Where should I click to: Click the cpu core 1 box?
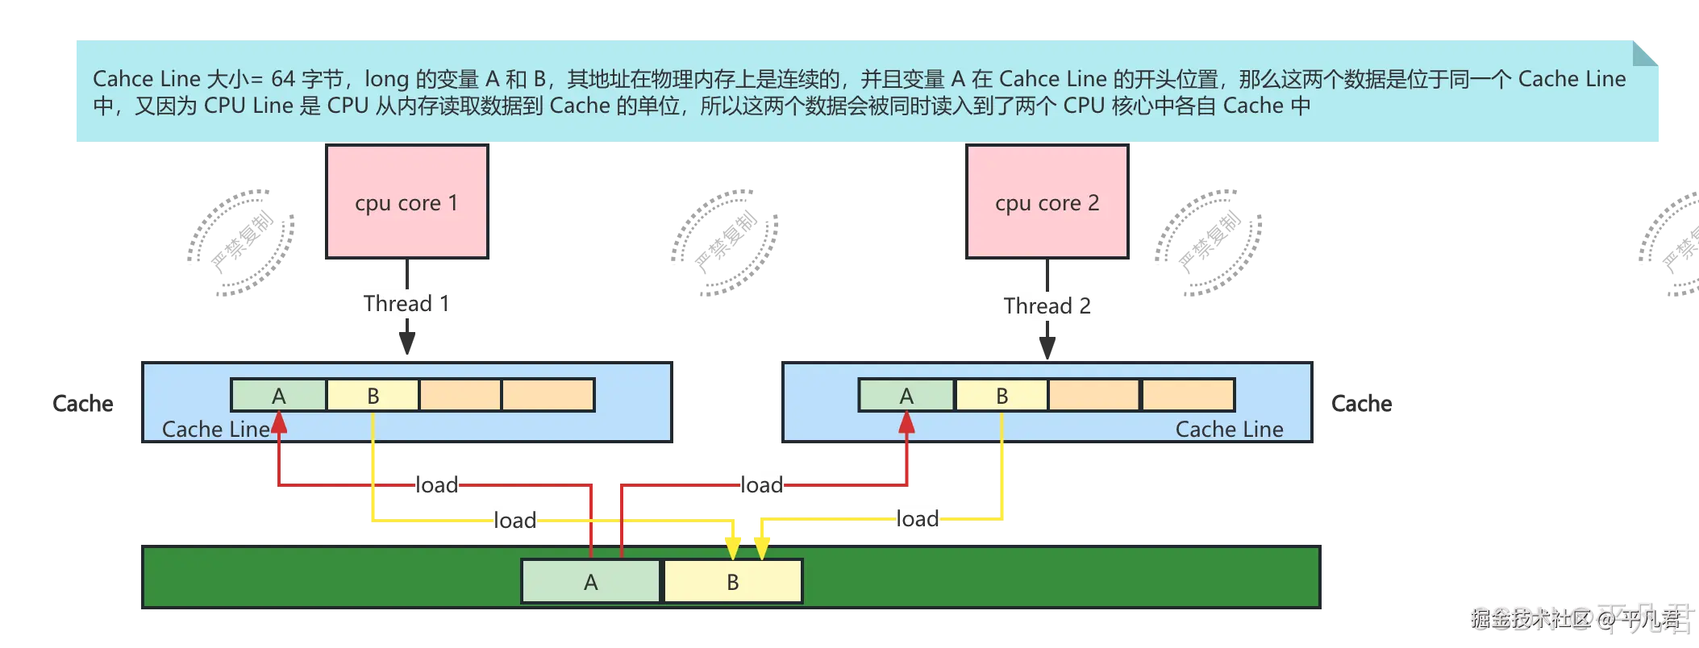click(x=406, y=202)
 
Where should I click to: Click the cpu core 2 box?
click(x=1047, y=202)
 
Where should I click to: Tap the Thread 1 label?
click(x=406, y=303)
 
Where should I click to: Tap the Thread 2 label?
click(x=1047, y=305)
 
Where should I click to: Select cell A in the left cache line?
click(x=279, y=396)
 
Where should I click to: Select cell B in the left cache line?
click(x=373, y=396)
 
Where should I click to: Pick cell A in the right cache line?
click(x=906, y=396)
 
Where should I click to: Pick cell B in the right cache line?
click(x=1001, y=396)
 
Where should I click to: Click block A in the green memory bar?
click(x=591, y=582)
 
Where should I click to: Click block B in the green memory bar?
click(x=733, y=582)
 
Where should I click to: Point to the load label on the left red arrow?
click(x=437, y=485)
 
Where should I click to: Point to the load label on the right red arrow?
click(x=761, y=485)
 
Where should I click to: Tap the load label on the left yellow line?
click(x=514, y=520)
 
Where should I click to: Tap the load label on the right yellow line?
click(x=918, y=518)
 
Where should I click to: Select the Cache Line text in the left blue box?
click(x=215, y=430)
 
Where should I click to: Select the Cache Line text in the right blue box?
click(x=1229, y=430)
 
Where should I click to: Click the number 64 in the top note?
click(x=283, y=79)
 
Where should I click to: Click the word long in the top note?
click(x=386, y=80)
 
